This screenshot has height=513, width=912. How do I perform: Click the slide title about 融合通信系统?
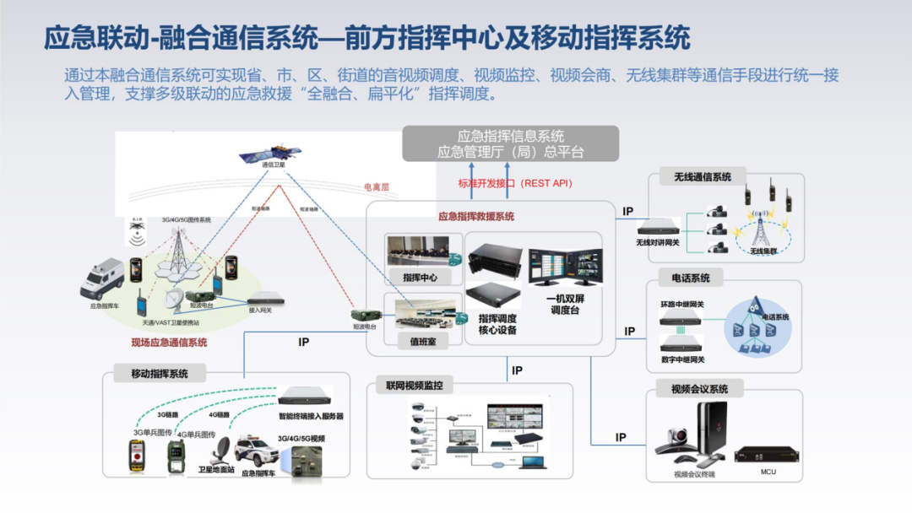[366, 38]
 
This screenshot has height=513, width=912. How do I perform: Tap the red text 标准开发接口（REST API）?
[514, 183]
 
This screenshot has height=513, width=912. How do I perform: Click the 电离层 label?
[376, 186]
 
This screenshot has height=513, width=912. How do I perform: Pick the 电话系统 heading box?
[690, 278]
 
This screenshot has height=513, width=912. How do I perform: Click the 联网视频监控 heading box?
[414, 386]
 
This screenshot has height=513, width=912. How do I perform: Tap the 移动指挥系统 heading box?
[159, 373]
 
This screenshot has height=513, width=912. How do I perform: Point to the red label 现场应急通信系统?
[169, 343]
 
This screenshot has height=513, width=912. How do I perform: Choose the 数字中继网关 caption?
[681, 359]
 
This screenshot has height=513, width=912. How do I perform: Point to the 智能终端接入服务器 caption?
[311, 416]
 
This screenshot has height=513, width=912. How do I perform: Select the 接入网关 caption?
[260, 310]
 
